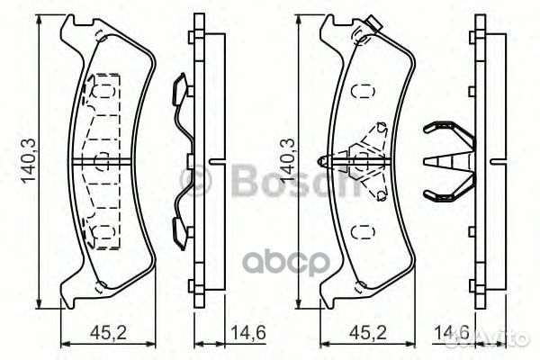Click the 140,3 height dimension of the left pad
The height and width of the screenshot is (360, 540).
pyautogui.click(x=29, y=161)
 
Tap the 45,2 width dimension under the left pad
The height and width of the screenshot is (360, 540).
pyautogui.click(x=109, y=333)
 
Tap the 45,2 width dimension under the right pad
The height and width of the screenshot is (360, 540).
pyautogui.click(x=368, y=333)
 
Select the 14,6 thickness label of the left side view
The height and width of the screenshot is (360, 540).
pyautogui.click(x=248, y=333)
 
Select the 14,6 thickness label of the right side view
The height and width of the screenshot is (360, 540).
pyautogui.click(x=452, y=333)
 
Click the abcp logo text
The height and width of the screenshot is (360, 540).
pyautogui.click(x=287, y=263)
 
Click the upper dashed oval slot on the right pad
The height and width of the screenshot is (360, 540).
pyautogui.click(x=363, y=91)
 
